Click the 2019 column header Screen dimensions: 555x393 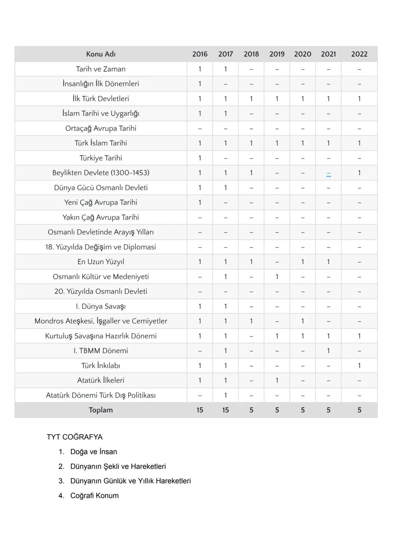pyautogui.click(x=277, y=54)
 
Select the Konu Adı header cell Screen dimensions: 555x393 pyautogui.click(x=101, y=54)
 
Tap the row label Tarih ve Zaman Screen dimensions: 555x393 pyautogui.click(x=101, y=69)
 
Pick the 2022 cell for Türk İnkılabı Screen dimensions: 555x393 pyautogui.click(x=359, y=366)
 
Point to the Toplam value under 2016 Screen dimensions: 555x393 pyautogui.click(x=200, y=410)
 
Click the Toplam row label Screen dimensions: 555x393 pyautogui.click(x=101, y=410)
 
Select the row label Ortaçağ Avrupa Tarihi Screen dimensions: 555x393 pyautogui.click(x=101, y=128)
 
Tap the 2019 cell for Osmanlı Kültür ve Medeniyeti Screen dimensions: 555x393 pyautogui.click(x=277, y=277)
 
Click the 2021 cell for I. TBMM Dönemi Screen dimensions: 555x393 pyautogui.click(x=329, y=351)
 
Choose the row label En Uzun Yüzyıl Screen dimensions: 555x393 pyautogui.click(x=101, y=262)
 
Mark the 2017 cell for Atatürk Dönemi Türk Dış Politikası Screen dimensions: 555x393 pyautogui.click(x=226, y=395)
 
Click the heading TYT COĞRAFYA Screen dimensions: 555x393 pyautogui.click(x=75, y=437)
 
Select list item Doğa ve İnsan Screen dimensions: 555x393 pyautogui.click(x=94, y=452)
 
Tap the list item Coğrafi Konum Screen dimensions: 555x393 pyautogui.click(x=94, y=496)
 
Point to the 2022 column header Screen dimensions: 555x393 pyautogui.click(x=359, y=54)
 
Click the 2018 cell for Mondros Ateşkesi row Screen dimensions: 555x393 pyautogui.click(x=251, y=321)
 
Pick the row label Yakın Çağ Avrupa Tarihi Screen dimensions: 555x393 pyautogui.click(x=101, y=217)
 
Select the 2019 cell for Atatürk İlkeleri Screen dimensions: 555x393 pyautogui.click(x=277, y=380)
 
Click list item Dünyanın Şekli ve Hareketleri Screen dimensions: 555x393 pyautogui.click(x=118, y=467)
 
